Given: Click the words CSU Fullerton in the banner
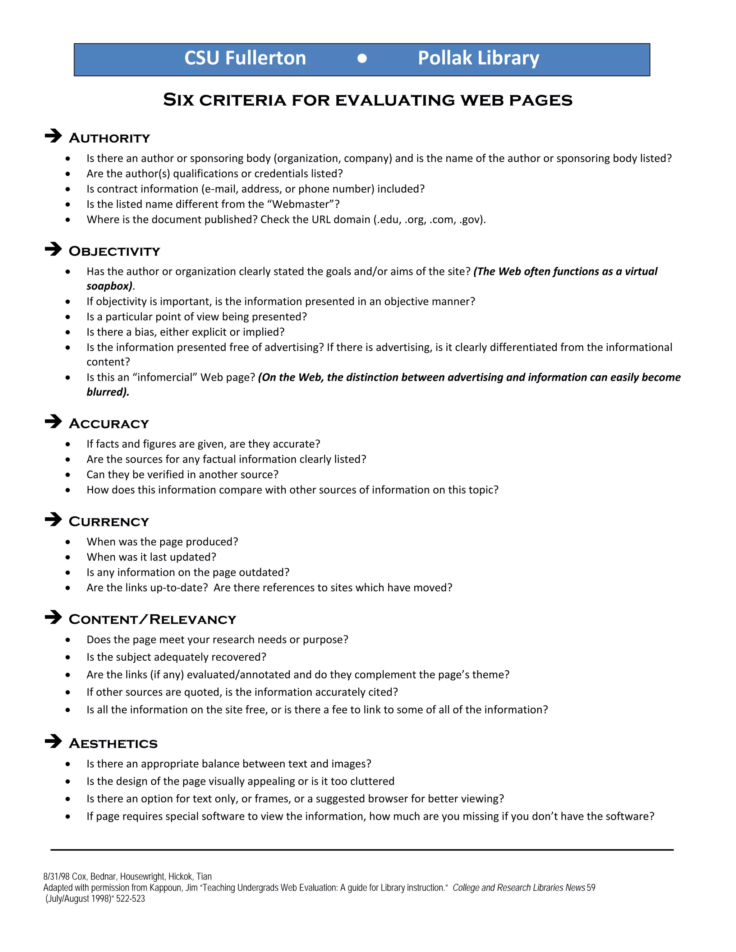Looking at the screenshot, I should (245, 58).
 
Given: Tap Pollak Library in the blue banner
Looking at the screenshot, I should (478, 58).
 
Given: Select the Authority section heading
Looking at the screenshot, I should (110, 138).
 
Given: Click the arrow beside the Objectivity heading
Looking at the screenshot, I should (53, 249).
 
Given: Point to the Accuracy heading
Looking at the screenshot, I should (109, 424).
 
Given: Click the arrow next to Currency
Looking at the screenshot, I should (53, 519).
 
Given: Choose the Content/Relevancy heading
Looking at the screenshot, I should (152, 619).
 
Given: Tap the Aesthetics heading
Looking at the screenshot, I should (113, 744).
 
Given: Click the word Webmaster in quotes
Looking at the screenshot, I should (300, 204).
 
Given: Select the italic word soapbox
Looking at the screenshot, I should (109, 286).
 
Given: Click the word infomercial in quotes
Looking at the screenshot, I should (165, 378).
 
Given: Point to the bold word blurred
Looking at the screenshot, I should (107, 392).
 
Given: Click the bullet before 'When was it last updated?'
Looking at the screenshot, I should (68, 557).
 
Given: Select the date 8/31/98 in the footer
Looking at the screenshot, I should (56, 877).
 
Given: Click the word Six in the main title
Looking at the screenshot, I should (178, 100).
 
